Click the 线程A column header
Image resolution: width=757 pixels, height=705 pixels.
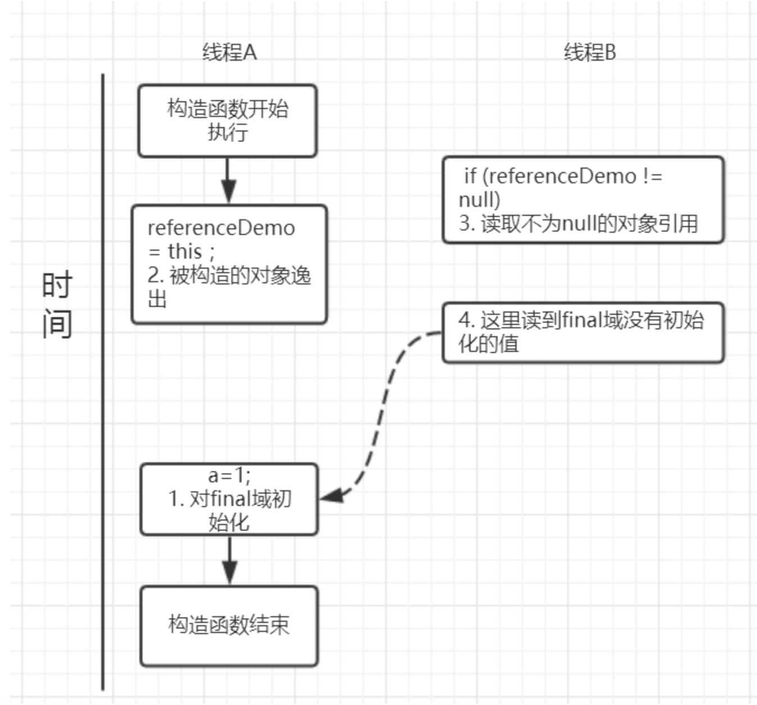tap(229, 52)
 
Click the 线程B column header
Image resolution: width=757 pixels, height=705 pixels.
tap(590, 52)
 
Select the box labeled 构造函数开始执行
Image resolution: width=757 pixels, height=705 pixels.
tap(227, 120)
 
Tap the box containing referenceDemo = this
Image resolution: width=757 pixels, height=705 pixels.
tap(229, 264)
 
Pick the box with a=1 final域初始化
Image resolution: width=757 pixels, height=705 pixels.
tap(229, 499)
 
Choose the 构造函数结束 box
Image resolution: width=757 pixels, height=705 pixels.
tap(229, 626)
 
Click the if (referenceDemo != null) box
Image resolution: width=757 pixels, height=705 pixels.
tap(583, 200)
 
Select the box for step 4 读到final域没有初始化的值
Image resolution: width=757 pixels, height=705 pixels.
tap(583, 332)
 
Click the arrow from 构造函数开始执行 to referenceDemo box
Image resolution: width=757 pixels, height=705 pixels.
tap(227, 180)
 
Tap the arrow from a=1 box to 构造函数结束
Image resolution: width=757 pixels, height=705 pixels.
tap(229, 561)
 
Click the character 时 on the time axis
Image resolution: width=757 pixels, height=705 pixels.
tap(57, 285)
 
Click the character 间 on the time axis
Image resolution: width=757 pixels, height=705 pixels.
tap(57, 324)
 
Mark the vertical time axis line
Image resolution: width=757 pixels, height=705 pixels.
tap(103, 382)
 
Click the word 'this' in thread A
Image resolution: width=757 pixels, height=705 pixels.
tap(184, 251)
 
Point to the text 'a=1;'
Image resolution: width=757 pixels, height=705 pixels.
tap(229, 476)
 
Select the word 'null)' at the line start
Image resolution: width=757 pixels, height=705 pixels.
tap(479, 200)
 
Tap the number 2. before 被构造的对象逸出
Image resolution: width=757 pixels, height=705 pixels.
tap(155, 275)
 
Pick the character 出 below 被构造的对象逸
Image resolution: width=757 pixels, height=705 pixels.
tap(157, 299)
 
